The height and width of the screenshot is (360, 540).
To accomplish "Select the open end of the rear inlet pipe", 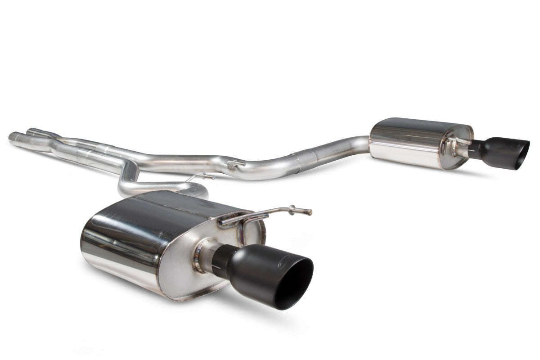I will pos(30,131).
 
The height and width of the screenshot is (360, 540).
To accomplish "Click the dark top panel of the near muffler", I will pos(171,205).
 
